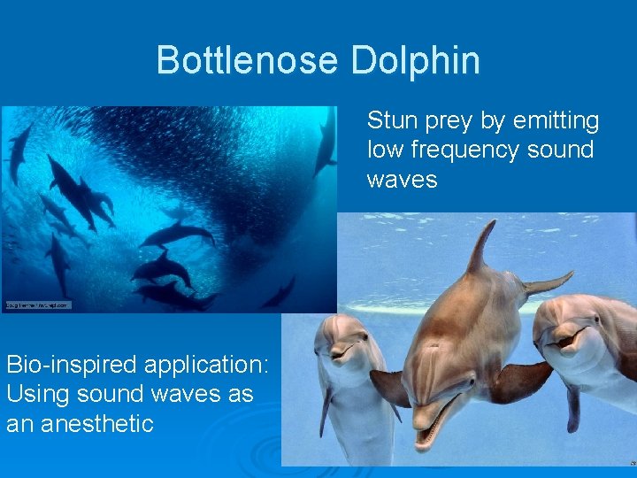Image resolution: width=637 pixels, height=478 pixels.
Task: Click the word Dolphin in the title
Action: coord(415,60)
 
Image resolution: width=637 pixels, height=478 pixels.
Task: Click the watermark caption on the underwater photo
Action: coord(37,305)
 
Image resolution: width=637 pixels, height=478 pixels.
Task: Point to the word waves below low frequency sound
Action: coord(402,180)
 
